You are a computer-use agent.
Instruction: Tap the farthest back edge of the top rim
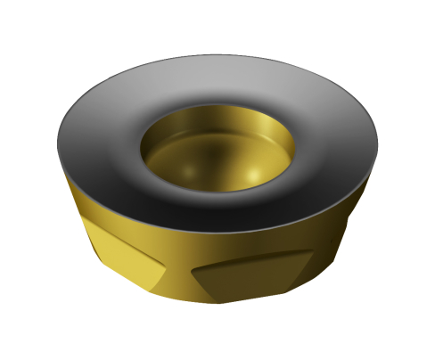pyautogui.click(x=218, y=57)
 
